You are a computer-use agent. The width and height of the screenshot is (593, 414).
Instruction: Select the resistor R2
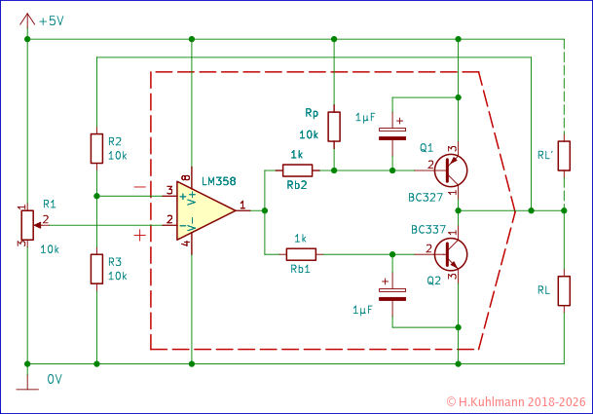[96, 149]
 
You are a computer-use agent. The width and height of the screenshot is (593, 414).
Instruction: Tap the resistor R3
[96, 268]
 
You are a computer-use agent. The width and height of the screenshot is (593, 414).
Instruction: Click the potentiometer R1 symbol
[26, 225]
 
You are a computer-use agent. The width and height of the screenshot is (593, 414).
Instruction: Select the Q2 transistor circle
[452, 252]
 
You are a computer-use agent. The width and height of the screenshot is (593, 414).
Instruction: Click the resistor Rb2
[298, 170]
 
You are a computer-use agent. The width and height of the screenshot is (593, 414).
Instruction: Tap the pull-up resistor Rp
[334, 126]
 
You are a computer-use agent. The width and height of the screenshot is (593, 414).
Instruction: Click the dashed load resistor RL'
[564, 156]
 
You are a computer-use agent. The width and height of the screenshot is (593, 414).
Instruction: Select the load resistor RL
[564, 290]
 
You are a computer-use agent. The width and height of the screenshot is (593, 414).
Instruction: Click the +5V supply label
[56, 19]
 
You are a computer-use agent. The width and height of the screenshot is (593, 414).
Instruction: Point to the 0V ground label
[56, 379]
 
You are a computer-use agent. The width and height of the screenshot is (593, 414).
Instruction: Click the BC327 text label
[426, 198]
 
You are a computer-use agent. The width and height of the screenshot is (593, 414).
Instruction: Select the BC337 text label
[426, 231]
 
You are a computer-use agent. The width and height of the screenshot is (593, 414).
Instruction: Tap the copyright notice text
[516, 401]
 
